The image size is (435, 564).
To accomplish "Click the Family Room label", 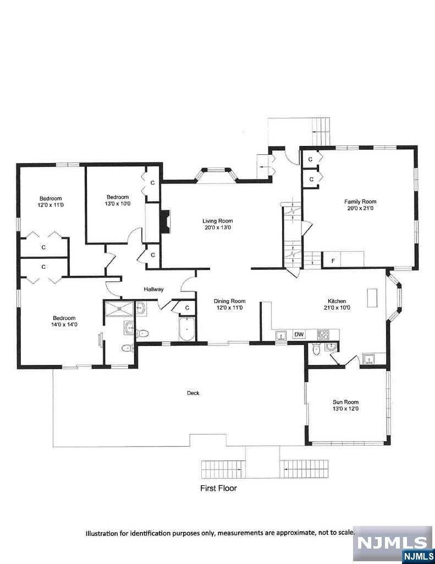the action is [360, 202].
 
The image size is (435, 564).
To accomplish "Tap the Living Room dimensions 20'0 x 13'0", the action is [218, 227].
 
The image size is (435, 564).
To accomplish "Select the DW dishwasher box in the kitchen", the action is [299, 334].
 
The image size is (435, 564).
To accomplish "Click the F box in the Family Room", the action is [333, 261].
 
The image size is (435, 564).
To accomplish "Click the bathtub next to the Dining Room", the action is [187, 329].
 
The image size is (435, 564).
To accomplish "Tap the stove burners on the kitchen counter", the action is [323, 335].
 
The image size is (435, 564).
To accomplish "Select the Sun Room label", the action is [345, 402].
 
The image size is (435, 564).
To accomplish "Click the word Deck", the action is [193, 393].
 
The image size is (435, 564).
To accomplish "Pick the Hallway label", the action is [154, 289].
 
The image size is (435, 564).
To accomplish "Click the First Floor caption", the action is [218, 488].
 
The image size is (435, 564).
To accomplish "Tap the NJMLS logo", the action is [394, 544].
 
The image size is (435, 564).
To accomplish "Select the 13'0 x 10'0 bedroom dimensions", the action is [118, 204].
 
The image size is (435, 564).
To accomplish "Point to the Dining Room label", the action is [229, 301].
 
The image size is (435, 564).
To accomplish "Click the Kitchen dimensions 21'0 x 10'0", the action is [337, 307].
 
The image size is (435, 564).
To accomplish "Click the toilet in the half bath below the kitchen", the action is [316, 350].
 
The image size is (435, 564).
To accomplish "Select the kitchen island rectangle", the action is [372, 298].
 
